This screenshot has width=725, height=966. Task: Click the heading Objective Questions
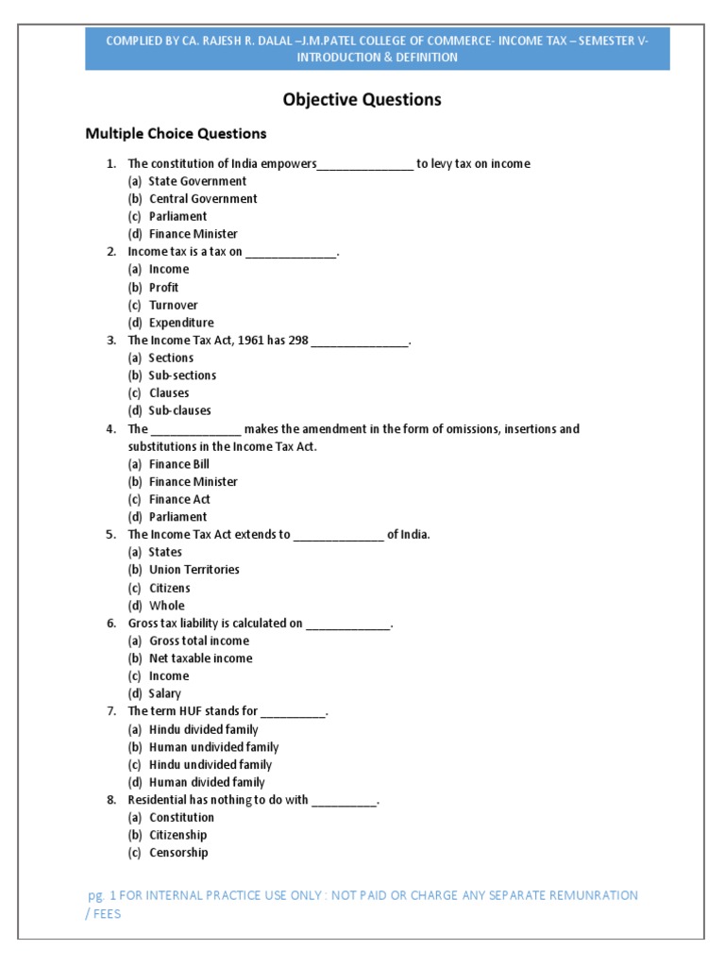tap(362, 99)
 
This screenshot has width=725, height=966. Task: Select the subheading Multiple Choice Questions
tap(176, 134)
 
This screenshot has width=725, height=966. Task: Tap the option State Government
tap(197, 181)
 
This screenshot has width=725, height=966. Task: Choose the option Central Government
tap(203, 199)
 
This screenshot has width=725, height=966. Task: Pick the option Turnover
tap(174, 305)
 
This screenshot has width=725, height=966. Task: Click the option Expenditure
tap(181, 323)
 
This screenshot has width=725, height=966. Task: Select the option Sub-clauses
tap(179, 410)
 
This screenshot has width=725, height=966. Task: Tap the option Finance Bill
tap(179, 464)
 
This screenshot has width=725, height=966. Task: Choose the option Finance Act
tap(179, 499)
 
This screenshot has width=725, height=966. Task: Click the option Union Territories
tap(194, 570)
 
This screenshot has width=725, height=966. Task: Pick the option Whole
tap(167, 606)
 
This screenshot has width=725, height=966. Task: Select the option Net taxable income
tap(201, 658)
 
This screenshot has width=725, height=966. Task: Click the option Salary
tap(165, 693)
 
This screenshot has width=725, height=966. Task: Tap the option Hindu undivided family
tap(211, 764)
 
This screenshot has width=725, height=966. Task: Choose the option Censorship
tap(178, 853)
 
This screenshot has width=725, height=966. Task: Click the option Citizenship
tap(177, 835)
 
